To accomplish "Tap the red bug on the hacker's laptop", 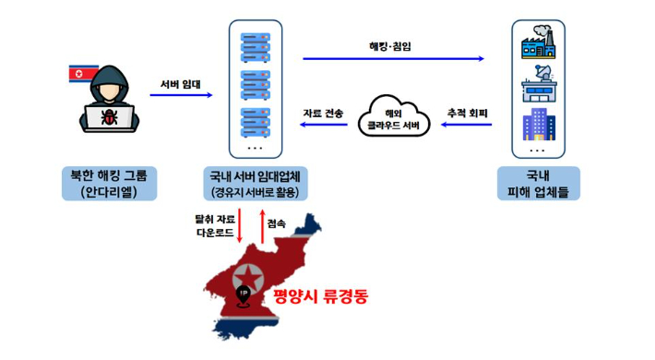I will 110,117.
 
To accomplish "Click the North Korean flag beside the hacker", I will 82,73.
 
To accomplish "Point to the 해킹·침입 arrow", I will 393,59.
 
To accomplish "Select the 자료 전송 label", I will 323,113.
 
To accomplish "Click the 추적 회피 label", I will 467,113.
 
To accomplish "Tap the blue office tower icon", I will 536,124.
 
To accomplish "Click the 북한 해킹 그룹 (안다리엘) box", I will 109,183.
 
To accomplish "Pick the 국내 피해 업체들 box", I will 537,183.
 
